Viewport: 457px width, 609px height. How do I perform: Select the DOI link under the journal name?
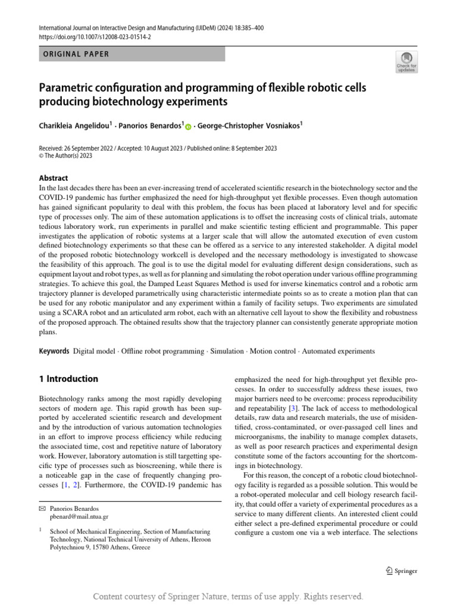pos(95,37)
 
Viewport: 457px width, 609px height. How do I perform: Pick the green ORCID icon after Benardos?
pos(189,127)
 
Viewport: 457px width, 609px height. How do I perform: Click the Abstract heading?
pos(54,178)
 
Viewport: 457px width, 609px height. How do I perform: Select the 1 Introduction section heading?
pos(68,379)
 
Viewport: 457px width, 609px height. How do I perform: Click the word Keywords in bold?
pos(54,351)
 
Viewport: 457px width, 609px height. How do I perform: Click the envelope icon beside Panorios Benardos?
pos(42,509)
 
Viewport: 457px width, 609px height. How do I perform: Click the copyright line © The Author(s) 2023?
pos(65,156)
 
